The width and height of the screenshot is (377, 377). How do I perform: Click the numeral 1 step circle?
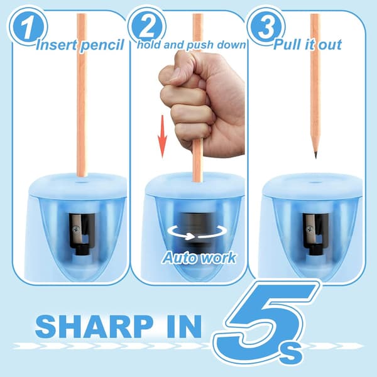pos(28,27)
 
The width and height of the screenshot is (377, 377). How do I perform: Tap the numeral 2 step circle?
pos(147,26)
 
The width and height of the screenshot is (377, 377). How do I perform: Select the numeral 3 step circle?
pos(266,26)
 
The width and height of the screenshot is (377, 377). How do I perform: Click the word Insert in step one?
pos(57,45)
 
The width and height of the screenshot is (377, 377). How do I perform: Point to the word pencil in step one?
pos(102,46)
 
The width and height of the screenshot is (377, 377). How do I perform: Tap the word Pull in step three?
pos(287,45)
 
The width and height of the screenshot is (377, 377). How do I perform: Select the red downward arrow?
pos(162,136)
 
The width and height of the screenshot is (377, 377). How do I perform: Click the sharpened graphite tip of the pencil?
pos(315,155)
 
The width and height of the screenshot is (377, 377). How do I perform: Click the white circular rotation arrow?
pos(197,232)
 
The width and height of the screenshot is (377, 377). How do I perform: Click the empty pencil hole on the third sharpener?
pos(314,182)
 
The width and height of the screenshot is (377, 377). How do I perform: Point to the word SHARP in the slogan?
pos(94,327)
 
